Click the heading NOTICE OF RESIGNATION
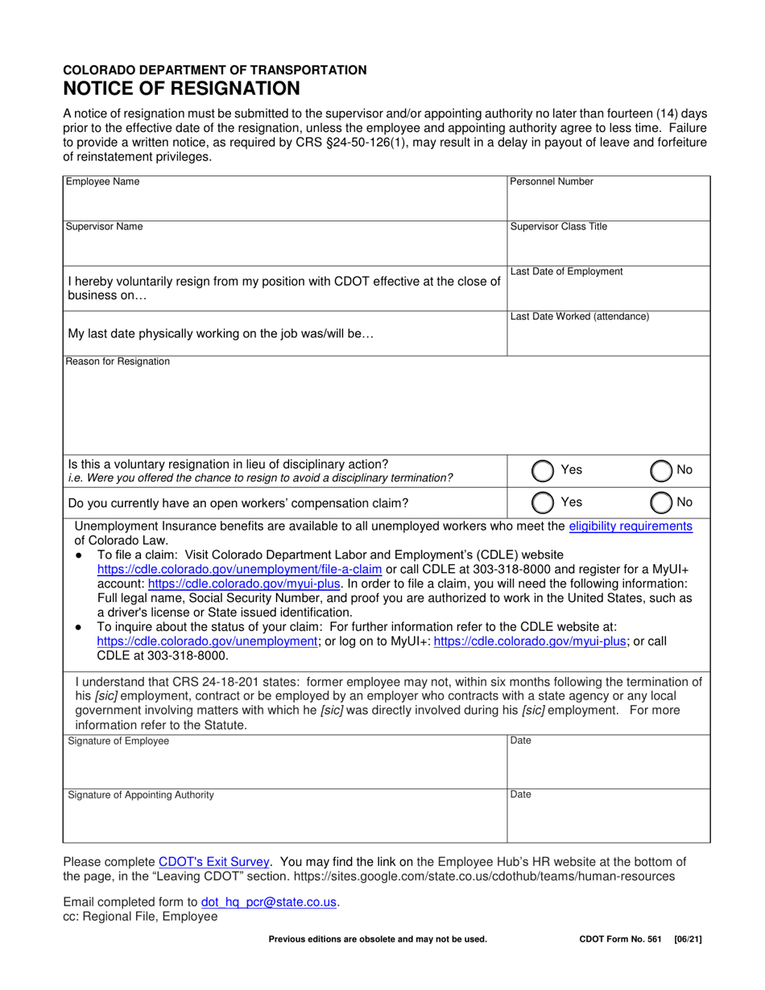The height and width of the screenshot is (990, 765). (x=182, y=88)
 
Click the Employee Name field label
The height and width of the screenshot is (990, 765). (x=102, y=182)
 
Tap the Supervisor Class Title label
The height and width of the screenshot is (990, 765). (x=559, y=227)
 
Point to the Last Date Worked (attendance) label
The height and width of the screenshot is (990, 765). (x=580, y=317)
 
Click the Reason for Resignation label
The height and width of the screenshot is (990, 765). (x=118, y=361)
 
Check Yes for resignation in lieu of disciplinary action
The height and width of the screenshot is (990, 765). (x=544, y=470)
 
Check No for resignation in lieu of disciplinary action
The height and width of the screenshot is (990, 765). (x=661, y=470)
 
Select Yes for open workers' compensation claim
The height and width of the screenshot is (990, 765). (x=544, y=502)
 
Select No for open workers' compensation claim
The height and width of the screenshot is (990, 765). (x=661, y=502)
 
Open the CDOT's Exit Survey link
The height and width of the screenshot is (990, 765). (x=214, y=861)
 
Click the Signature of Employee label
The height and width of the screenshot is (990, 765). (x=118, y=741)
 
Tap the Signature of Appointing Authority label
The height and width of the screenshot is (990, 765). (x=141, y=795)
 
